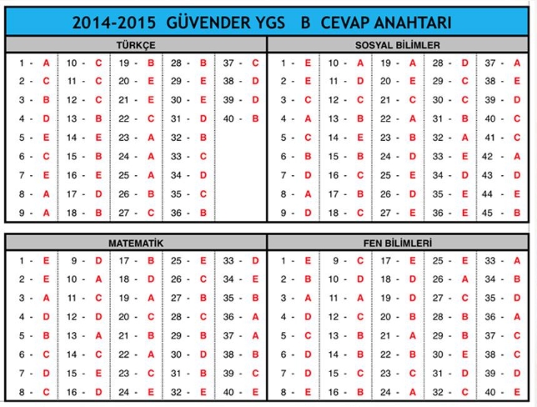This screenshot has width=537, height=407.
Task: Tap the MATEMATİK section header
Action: click(136, 242)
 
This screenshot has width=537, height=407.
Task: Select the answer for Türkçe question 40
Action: click(254, 118)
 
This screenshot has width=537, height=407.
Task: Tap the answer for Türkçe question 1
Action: click(46, 63)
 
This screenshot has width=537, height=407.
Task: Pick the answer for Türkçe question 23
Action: click(151, 138)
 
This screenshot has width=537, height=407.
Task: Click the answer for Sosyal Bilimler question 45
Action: click(516, 193)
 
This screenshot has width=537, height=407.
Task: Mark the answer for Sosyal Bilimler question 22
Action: click(413, 118)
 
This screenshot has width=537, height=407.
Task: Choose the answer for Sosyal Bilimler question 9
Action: click(308, 213)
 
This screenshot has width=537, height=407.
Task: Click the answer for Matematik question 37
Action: click(254, 335)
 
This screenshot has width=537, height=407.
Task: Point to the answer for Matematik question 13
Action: click(98, 335)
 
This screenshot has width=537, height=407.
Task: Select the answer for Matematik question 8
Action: click(46, 392)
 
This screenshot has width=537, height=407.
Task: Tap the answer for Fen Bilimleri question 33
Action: click(516, 260)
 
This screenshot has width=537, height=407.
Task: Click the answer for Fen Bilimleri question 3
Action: click(308, 298)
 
